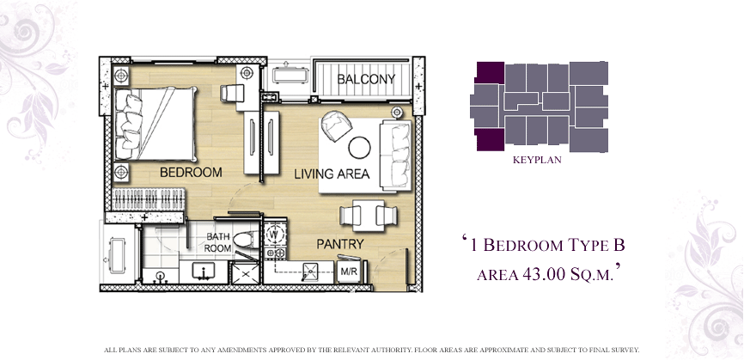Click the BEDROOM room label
(x=191, y=172)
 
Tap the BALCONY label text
(x=366, y=79)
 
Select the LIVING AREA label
(x=332, y=174)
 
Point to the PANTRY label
(x=339, y=244)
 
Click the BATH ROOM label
(x=218, y=242)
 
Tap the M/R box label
(x=349, y=272)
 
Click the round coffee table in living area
(x=359, y=148)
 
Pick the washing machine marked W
(x=273, y=234)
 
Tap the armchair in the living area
(x=337, y=125)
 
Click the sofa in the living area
(x=396, y=156)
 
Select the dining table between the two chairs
(x=369, y=216)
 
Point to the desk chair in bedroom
(x=232, y=93)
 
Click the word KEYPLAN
(x=537, y=160)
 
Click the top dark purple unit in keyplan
(x=491, y=72)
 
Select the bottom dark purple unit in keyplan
(x=491, y=139)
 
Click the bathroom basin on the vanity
(x=203, y=271)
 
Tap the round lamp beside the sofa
(x=397, y=112)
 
